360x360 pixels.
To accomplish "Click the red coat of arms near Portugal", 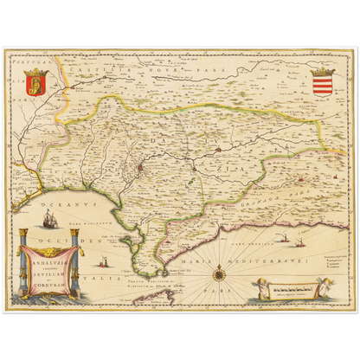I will (36, 82).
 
